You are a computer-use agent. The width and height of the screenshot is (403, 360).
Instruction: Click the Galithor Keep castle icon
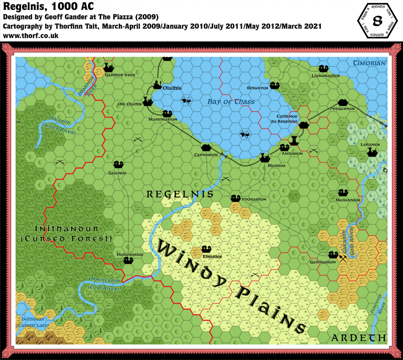point(108,67)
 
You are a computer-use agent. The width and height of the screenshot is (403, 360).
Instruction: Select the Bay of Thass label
point(231,102)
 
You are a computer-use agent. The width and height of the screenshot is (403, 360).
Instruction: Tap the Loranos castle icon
point(372,152)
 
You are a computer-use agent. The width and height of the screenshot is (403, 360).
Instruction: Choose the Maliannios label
point(349,200)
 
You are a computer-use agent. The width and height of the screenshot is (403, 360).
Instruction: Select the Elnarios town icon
point(206,249)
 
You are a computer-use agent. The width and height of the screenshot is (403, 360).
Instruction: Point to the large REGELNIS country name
point(180,194)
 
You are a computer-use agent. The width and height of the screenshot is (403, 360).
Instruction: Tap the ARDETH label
point(358,338)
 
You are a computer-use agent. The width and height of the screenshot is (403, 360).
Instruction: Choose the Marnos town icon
point(264,158)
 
